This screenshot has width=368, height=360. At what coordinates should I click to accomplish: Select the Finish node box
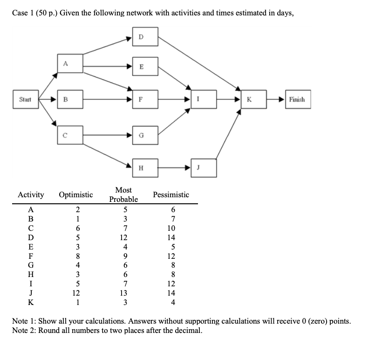coord(296,99)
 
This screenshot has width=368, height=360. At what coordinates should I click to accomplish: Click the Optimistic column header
coord(76,194)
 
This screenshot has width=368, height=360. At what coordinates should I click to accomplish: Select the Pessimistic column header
coord(171,194)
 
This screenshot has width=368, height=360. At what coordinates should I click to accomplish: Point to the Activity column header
coord(31,194)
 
